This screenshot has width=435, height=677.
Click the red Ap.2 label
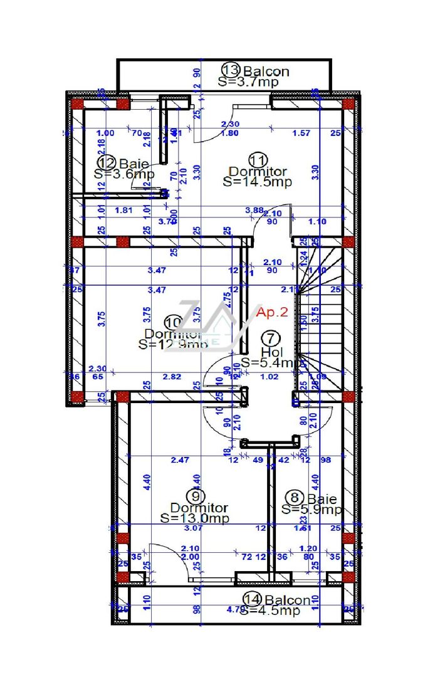click(x=272, y=312)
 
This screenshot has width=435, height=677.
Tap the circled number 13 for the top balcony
click(x=231, y=70)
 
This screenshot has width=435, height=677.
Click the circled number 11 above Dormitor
click(x=258, y=159)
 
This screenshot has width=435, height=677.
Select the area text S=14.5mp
click(x=257, y=182)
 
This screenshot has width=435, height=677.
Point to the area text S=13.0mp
click(x=194, y=518)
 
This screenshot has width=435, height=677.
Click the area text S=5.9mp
click(x=312, y=510)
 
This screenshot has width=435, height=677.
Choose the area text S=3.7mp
click(x=243, y=81)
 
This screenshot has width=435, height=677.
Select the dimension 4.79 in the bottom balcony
click(x=234, y=609)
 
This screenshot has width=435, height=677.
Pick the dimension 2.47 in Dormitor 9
click(x=181, y=461)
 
